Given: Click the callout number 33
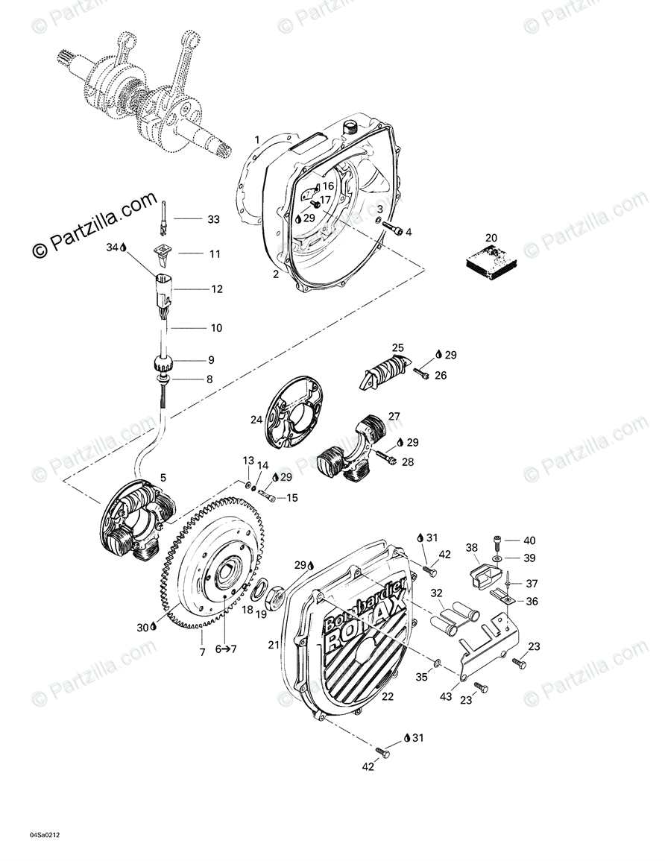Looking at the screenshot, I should (214, 219).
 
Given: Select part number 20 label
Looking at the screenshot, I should (491, 239).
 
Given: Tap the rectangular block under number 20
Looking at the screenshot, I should (490, 258).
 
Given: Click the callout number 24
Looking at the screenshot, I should (256, 420).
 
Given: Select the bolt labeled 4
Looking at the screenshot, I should (396, 231).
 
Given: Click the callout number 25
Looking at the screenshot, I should (398, 347).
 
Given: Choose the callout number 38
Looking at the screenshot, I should (472, 547).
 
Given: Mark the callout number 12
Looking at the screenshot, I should (216, 288).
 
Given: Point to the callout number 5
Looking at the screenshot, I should (163, 477).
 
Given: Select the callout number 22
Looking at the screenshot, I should (388, 696).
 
